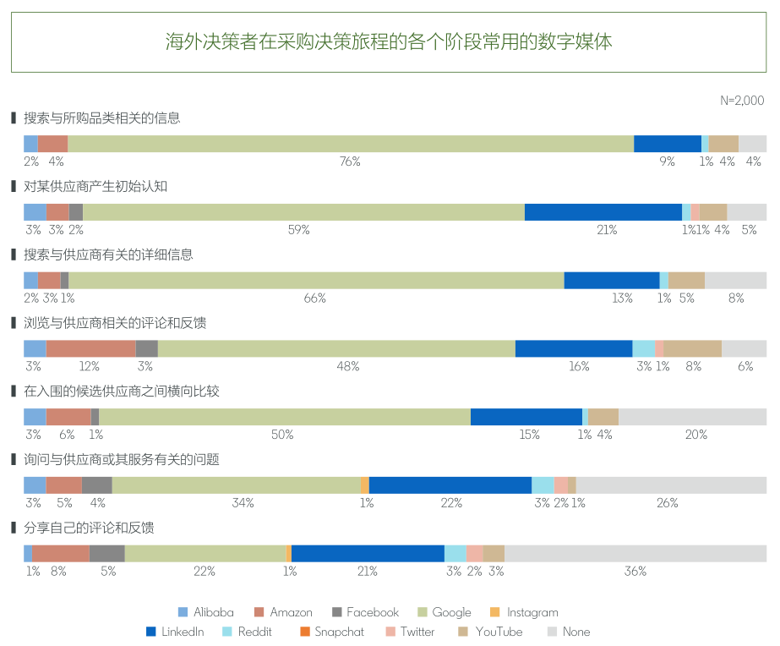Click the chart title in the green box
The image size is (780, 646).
tap(389, 42)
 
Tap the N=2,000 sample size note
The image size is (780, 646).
tap(742, 100)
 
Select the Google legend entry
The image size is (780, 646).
tap(445, 612)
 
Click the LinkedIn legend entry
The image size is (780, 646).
tap(175, 632)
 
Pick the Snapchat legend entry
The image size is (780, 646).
tap(332, 632)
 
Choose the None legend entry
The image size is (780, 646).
tap(569, 632)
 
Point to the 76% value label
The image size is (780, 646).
tap(350, 161)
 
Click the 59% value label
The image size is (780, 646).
tap(299, 230)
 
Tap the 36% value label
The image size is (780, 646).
tap(635, 572)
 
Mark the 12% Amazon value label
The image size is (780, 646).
tap(90, 366)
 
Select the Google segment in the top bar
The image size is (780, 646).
tap(350, 144)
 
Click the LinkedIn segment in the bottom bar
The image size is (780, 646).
tap(368, 553)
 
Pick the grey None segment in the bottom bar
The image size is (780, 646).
tap(635, 553)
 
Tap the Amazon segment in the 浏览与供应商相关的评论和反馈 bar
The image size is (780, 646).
tap(90, 348)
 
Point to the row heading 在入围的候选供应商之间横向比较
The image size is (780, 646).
tap(121, 391)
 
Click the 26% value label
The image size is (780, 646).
tap(668, 503)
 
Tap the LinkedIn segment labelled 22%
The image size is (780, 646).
tap(450, 484)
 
